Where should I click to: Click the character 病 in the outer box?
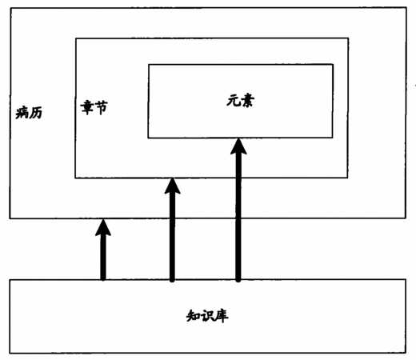[22, 113]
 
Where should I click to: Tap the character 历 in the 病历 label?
[36, 113]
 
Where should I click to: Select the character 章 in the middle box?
[87, 107]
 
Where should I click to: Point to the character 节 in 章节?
[101, 108]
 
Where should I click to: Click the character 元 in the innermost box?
[234, 101]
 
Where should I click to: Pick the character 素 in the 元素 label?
[247, 101]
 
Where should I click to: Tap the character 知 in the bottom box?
[193, 316]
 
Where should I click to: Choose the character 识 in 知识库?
[207, 316]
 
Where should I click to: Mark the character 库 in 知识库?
[222, 316]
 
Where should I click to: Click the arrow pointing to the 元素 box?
[238, 210]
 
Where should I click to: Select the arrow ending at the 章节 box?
[172, 230]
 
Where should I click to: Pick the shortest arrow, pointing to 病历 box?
[103, 250]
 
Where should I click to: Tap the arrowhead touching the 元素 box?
[238, 146]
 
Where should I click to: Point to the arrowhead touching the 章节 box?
[173, 186]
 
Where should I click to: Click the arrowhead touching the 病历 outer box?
[103, 227]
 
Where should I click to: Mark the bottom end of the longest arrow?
[238, 280]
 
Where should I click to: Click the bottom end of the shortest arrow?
[103, 279]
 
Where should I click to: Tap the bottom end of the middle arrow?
[172, 280]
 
